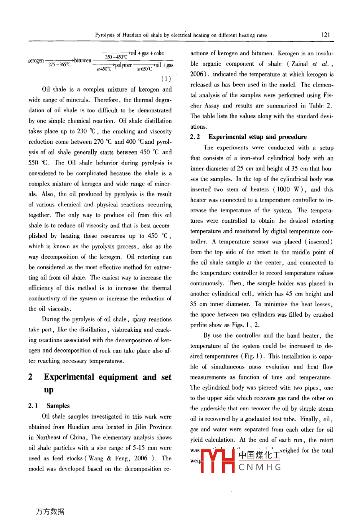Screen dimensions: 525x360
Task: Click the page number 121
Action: [326, 35]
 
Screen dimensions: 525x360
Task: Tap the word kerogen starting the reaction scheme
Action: [35, 61]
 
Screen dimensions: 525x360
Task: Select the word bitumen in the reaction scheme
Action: [82, 61]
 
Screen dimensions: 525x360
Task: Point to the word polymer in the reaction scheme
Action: [123, 65]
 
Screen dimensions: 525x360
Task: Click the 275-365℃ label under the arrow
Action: [59, 65]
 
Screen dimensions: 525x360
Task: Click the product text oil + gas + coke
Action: [147, 53]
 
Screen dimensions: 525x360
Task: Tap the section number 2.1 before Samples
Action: [33, 406]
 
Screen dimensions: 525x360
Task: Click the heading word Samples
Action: [58, 406]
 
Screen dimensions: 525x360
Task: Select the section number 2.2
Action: [195, 137]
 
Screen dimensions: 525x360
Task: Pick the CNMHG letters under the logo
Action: [260, 467]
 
